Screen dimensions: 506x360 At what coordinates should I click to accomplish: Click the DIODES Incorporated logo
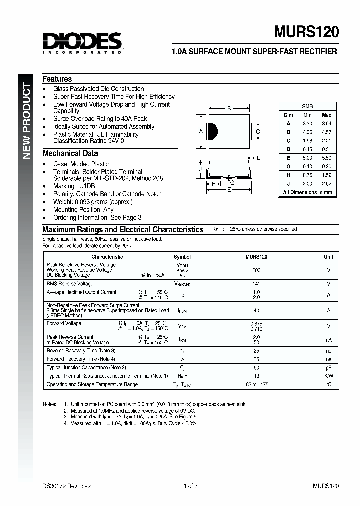coord(82,42)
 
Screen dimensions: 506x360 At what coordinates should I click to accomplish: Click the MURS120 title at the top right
coord(306,32)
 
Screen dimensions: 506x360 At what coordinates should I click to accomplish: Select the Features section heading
coord(57,79)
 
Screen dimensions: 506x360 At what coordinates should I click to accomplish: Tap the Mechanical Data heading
coord(70,153)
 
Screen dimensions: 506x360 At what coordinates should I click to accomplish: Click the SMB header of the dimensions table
coord(307,106)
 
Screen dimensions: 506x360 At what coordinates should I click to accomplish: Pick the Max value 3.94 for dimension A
coord(326,123)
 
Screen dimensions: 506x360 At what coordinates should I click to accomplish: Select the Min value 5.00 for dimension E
coord(307,158)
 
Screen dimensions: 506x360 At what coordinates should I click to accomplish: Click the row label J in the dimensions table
coord(288,184)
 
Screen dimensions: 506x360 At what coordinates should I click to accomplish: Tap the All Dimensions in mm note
coord(307,192)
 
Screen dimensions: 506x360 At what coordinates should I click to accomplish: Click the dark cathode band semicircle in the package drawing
coord(213,131)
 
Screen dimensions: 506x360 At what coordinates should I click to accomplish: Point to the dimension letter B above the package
coord(229,108)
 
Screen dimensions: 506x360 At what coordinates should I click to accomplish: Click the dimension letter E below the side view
coord(229,190)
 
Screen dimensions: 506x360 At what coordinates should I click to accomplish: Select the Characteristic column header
coord(107,257)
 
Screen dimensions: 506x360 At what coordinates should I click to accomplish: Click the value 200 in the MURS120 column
coord(256,270)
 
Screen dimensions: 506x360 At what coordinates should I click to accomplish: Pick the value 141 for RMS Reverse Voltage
coord(256,284)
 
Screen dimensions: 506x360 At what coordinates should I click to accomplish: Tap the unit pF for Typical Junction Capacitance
coord(328,367)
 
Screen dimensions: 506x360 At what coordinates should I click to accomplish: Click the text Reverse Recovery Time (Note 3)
coord(81,351)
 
